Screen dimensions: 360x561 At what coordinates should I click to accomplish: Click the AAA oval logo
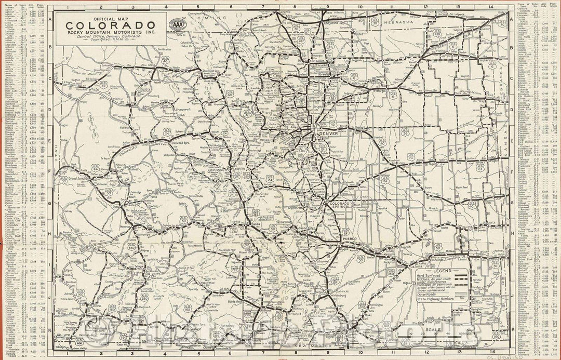(x=176, y=25)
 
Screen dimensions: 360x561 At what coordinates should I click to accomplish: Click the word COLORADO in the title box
(x=108, y=26)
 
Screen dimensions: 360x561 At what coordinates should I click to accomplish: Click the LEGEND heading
(x=442, y=271)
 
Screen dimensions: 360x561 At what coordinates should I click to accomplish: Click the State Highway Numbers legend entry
(x=434, y=299)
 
